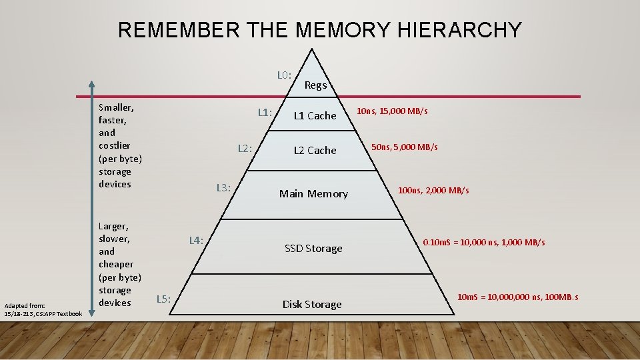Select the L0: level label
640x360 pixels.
[284, 75]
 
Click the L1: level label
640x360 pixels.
[265, 112]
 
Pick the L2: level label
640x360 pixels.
[245, 148]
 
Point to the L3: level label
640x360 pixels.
[223, 188]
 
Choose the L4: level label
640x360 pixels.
[196, 240]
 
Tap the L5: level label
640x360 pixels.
[163, 299]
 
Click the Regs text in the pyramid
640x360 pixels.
[315, 85]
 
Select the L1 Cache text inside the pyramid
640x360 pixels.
[315, 116]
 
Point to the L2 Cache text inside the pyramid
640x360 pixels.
[315, 151]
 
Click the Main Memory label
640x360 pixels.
[313, 194]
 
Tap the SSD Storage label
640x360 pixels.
[313, 249]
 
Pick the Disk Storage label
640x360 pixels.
[312, 305]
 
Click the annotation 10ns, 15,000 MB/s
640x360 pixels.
[392, 111]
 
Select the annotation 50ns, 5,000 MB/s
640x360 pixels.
[405, 147]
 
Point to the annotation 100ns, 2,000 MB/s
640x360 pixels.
[433, 191]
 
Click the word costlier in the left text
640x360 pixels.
[114, 145]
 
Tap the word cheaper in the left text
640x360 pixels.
[116, 264]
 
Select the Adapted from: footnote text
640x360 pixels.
[25, 305]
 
